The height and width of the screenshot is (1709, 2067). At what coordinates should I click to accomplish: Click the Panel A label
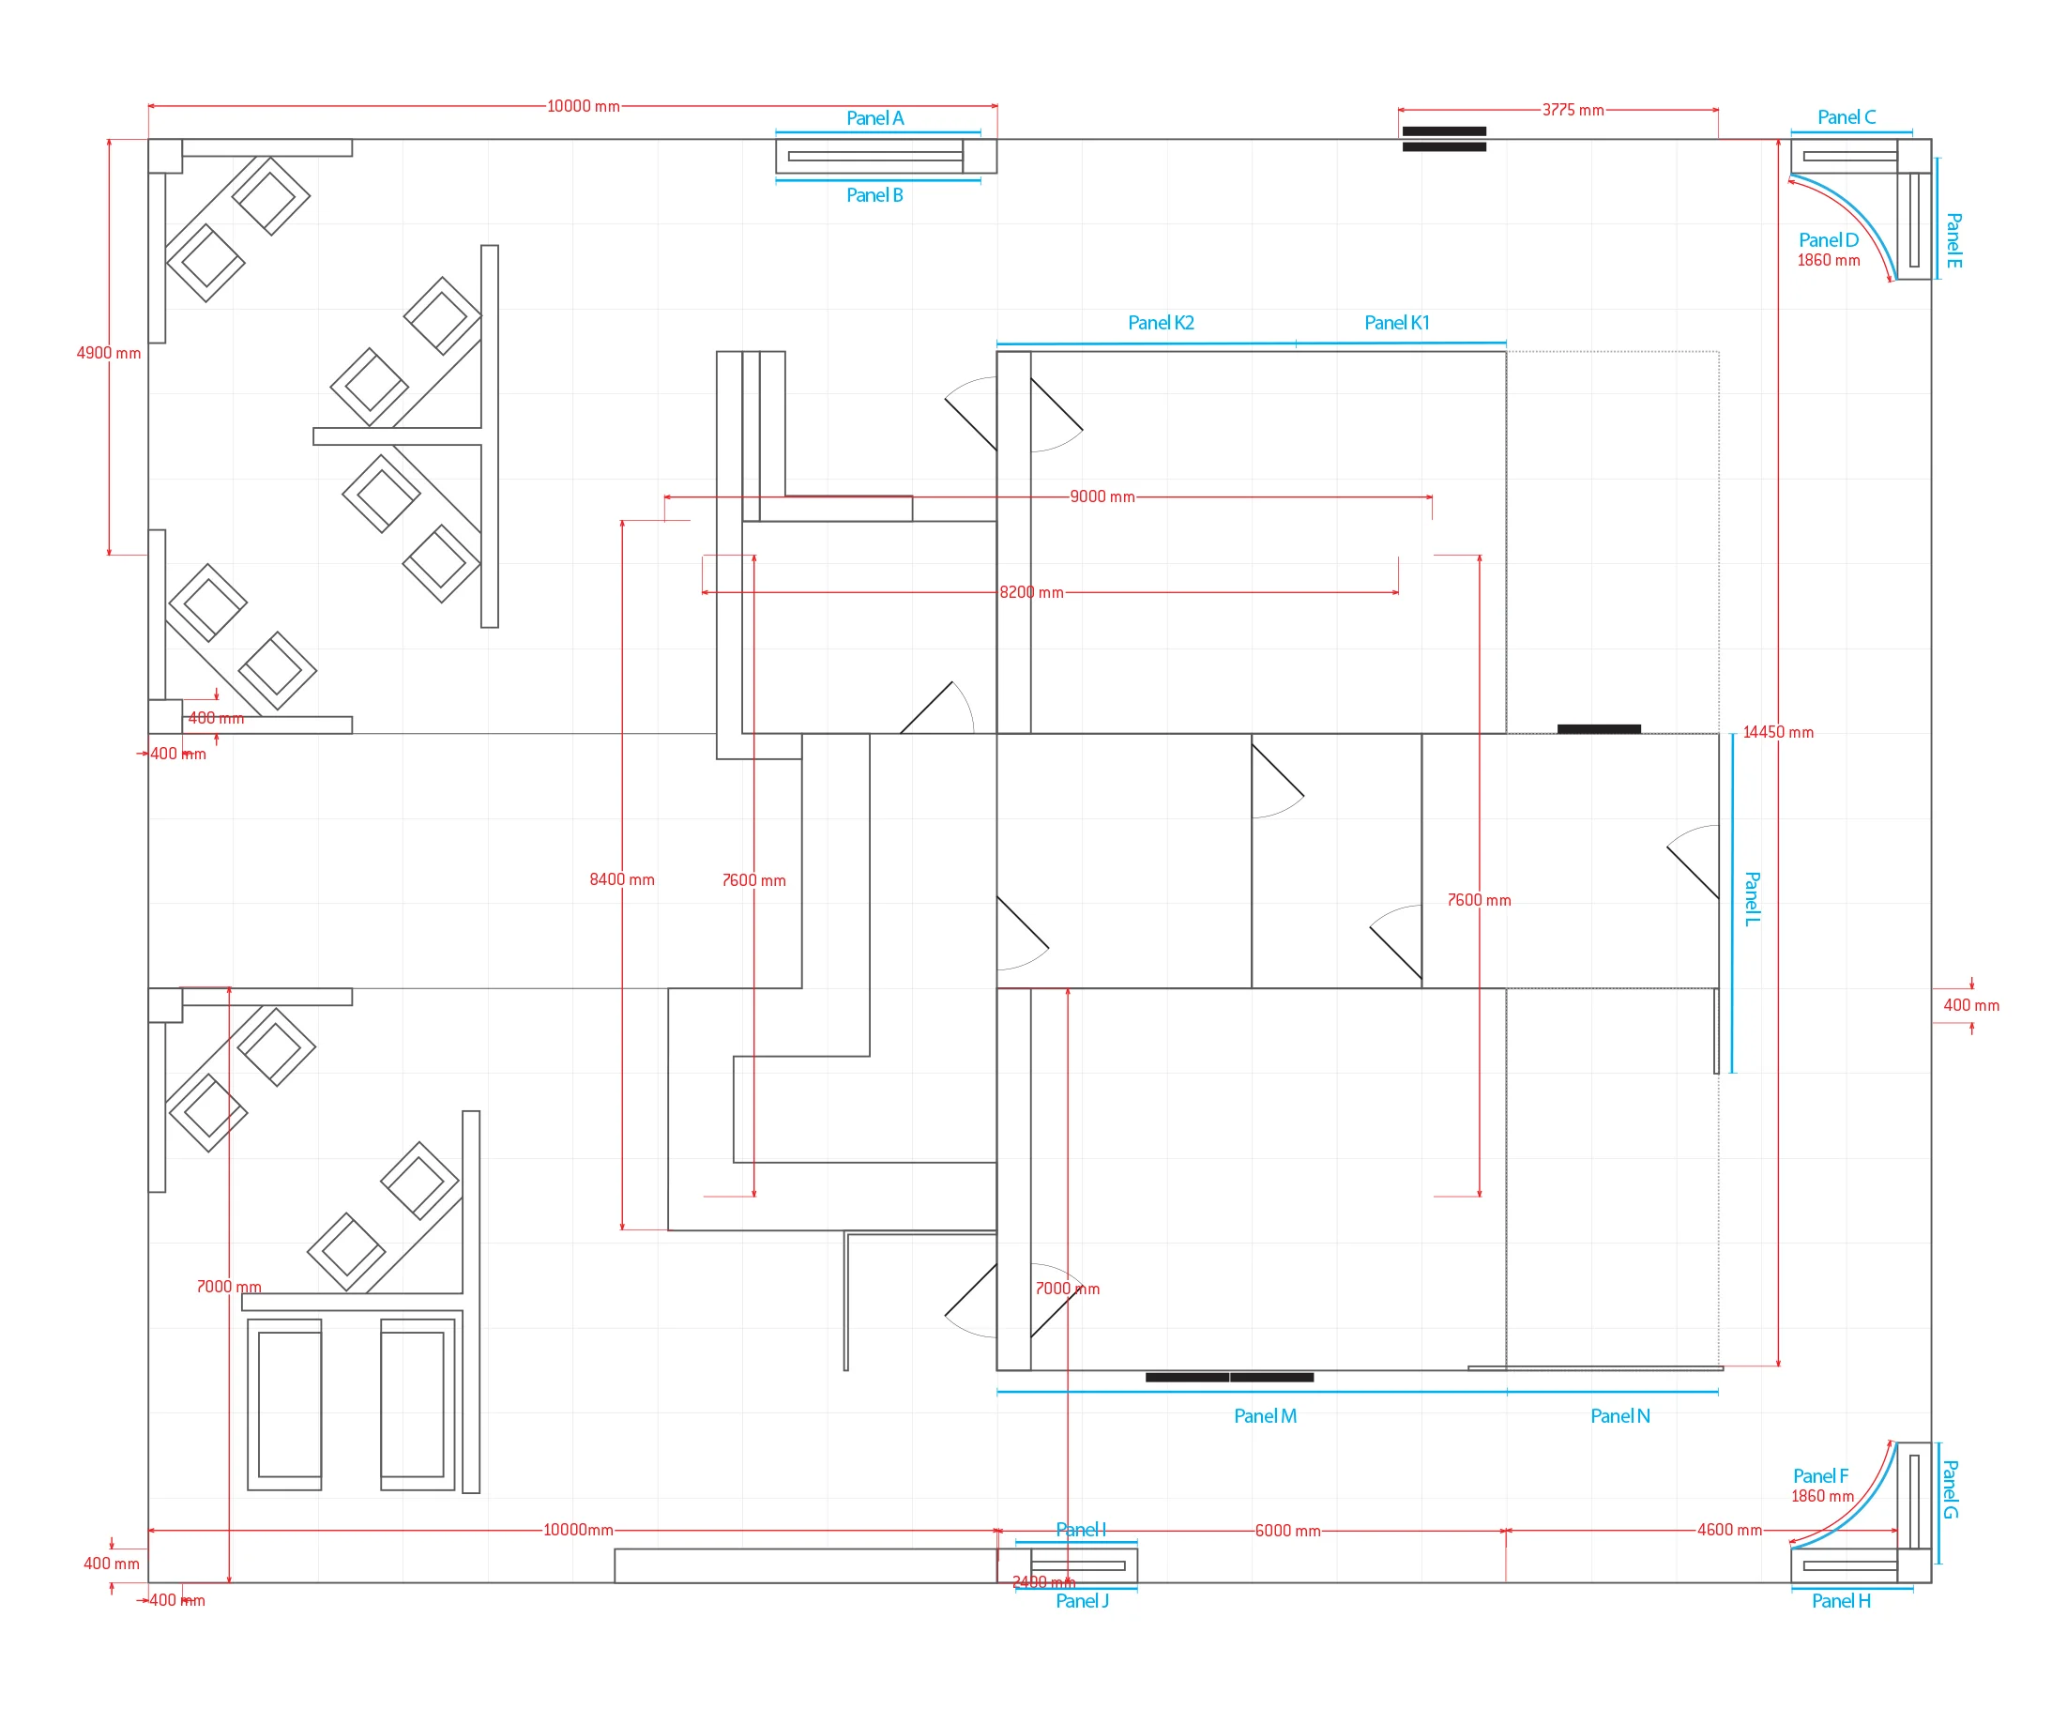pos(874,118)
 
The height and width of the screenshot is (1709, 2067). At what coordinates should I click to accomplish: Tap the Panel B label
pos(874,195)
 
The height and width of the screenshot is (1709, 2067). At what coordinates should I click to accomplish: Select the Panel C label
pos(1847,117)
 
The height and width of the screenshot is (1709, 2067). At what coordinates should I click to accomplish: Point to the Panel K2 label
pos(1161,323)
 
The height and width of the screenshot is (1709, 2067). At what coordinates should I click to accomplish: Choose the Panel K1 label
pos(1397,323)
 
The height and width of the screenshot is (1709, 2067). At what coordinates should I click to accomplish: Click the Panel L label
pos(1752,899)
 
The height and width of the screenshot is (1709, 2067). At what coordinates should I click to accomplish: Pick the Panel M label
pos(1265,1415)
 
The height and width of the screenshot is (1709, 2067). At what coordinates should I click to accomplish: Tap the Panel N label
pos(1620,1415)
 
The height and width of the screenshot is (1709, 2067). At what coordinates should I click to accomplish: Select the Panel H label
pos(1841,1601)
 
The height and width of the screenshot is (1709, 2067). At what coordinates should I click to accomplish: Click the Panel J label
pos(1082,1601)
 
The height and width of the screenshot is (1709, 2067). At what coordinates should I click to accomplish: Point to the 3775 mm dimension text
pos(1573,110)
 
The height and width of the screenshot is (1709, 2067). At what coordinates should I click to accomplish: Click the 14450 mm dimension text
pos(1778,732)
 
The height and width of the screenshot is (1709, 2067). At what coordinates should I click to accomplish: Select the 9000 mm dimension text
pos(1102,497)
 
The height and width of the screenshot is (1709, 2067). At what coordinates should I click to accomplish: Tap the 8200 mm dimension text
pos(1031,592)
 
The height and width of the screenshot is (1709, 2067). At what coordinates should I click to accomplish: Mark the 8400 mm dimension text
pos(622,879)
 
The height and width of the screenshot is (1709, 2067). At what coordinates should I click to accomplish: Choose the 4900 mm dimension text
pos(108,354)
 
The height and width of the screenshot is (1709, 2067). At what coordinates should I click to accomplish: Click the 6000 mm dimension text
pos(1287,1531)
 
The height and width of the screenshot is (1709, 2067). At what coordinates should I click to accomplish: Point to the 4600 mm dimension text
pos(1729,1530)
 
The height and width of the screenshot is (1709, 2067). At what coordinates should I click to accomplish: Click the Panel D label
pos(1828,240)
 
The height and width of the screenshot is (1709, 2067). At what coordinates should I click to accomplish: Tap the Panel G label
pos(1950,1488)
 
